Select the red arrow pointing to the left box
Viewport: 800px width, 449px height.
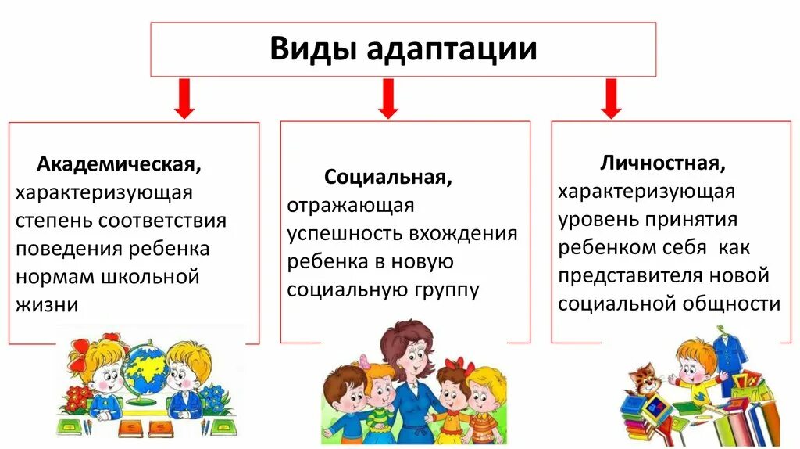click(x=184, y=98)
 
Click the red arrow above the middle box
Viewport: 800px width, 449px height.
click(x=388, y=98)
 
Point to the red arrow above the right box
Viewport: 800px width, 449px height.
click(x=611, y=98)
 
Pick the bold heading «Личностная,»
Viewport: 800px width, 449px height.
click(x=662, y=163)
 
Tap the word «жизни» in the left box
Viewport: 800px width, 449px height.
click(x=47, y=305)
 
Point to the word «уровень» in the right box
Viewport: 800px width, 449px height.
click(x=594, y=220)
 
